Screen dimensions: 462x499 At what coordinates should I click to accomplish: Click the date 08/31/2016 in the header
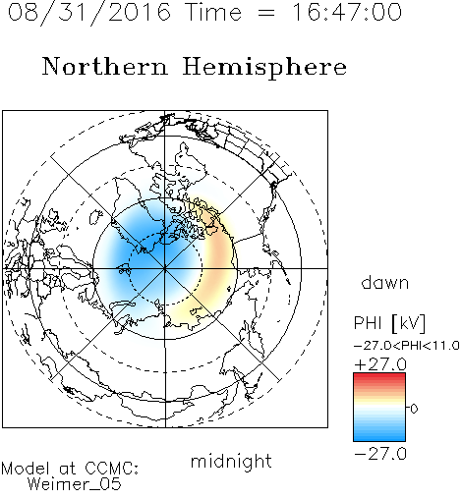point(89,13)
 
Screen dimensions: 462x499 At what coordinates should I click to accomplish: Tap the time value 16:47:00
point(347,12)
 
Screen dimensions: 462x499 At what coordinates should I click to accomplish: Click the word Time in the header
point(213,12)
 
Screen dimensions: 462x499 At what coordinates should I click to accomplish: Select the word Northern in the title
point(105,67)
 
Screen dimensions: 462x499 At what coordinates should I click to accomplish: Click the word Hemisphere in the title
point(264,68)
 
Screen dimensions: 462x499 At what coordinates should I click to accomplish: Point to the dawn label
point(385,282)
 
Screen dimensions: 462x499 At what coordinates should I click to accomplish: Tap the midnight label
point(231,462)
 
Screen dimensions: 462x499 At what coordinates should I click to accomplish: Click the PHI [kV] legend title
point(389,323)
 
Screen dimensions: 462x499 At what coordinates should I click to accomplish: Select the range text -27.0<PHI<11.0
point(407,346)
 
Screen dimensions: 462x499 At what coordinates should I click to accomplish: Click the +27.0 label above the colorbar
point(380,364)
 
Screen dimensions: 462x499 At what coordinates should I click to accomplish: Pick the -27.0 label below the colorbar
point(380,454)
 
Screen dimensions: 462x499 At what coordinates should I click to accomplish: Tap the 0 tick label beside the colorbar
point(414,409)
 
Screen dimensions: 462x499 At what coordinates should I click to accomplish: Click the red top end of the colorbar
point(379,376)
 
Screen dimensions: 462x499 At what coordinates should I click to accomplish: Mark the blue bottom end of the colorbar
point(379,438)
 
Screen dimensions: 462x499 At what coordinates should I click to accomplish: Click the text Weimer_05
point(75,484)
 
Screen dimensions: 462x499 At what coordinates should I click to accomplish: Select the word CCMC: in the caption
point(112,469)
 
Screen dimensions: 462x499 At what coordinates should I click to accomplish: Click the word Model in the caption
point(26,469)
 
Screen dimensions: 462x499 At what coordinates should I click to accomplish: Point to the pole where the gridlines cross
point(165,268)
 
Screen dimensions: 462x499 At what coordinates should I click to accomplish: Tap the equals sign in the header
point(266,13)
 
